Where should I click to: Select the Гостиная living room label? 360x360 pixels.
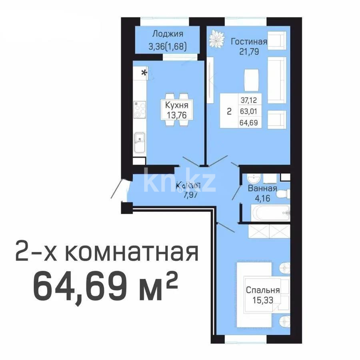249,41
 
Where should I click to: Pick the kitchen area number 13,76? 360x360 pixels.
176,115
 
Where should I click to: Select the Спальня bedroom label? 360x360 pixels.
263,290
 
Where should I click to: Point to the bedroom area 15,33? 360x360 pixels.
263,300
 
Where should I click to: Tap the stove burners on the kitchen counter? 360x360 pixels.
140,110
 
